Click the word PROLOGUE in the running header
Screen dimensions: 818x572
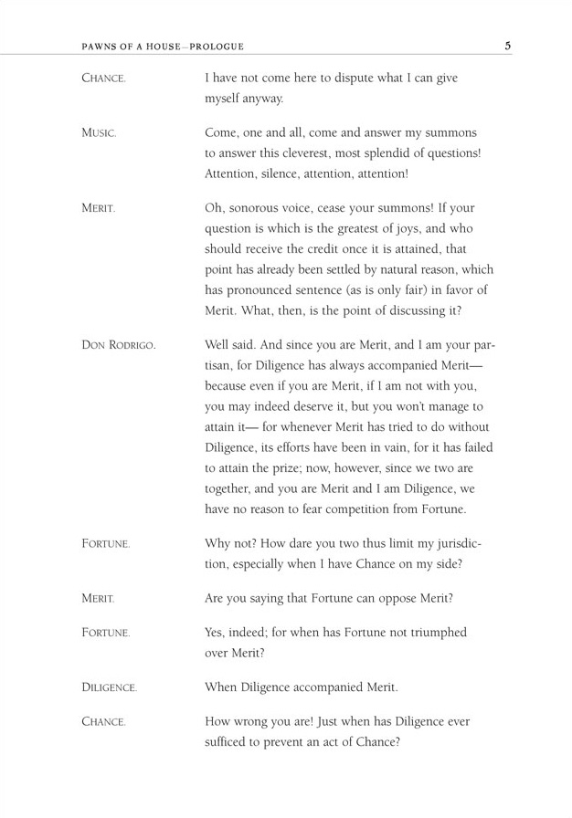[218, 47]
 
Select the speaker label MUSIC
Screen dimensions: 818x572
[99, 133]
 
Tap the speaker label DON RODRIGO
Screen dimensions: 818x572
[119, 346]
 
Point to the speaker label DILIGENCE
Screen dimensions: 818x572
[109, 687]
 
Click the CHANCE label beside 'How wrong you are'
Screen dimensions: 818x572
[103, 722]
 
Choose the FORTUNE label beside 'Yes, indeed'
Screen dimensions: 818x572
[105, 633]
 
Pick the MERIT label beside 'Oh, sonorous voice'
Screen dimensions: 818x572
[98, 208]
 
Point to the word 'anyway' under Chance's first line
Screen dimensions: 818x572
[263, 99]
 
